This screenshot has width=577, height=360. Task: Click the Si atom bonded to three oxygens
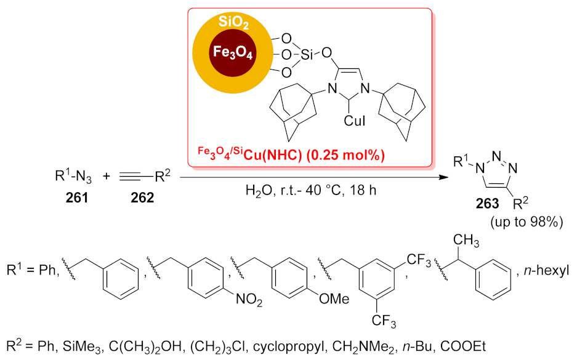tap(308, 55)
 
